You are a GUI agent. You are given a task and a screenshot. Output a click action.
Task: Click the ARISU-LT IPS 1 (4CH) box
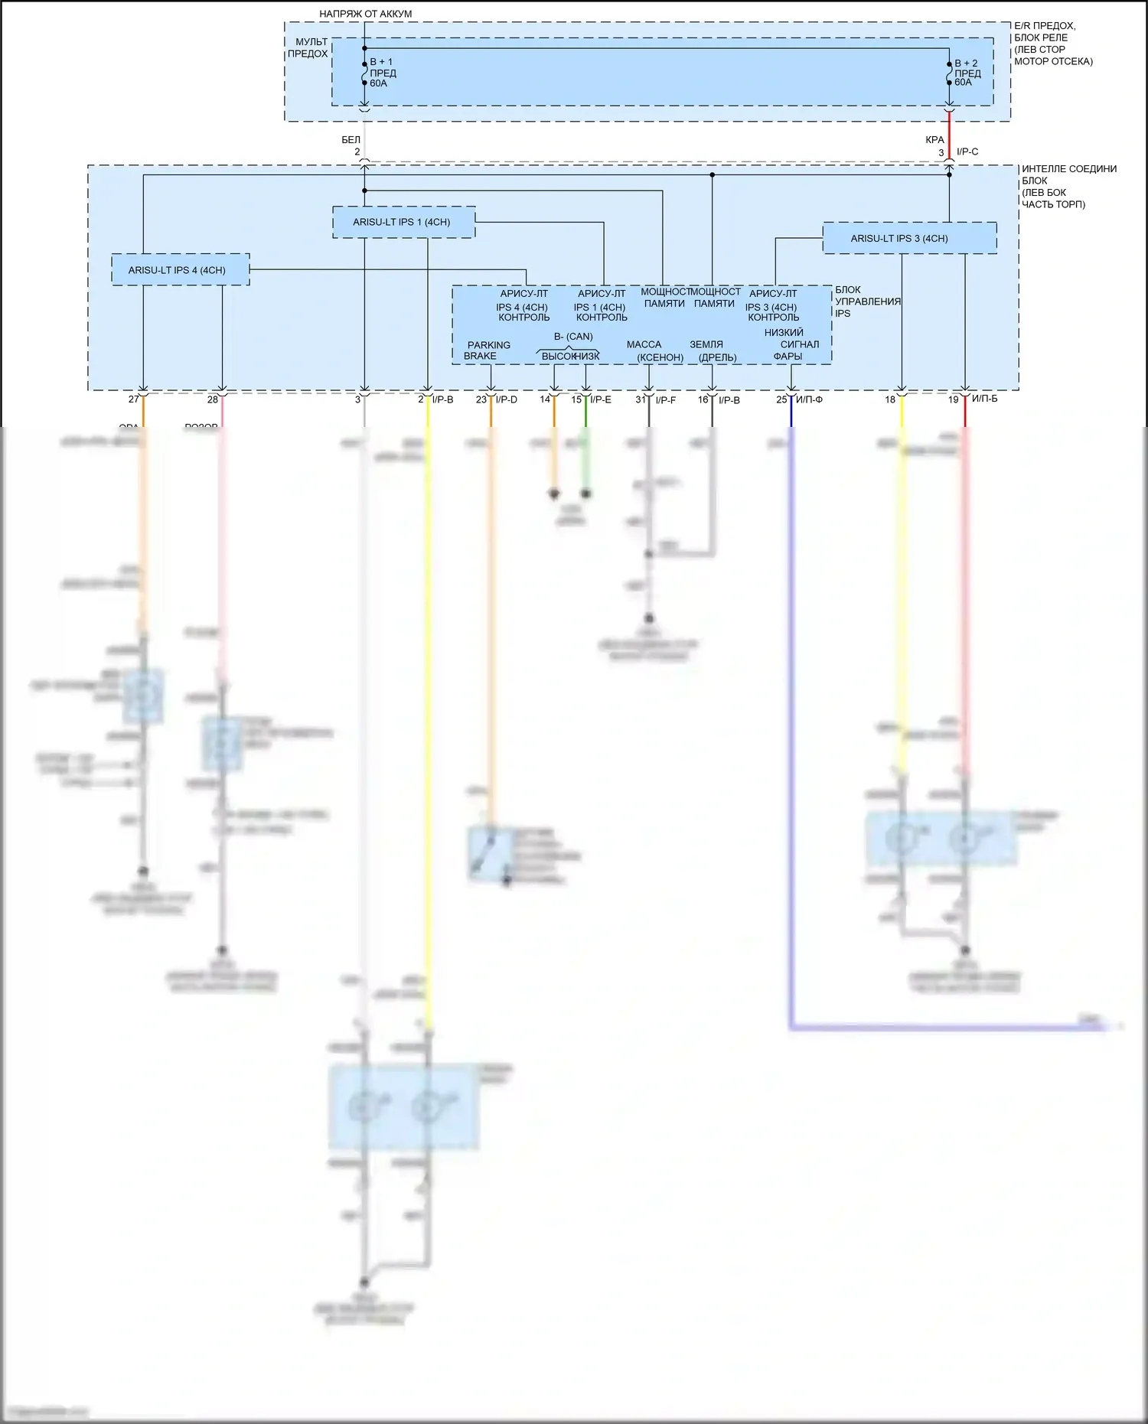tap(403, 222)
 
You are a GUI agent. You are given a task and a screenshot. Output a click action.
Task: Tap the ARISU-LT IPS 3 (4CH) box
tap(909, 238)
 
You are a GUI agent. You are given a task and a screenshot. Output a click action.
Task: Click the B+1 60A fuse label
tap(383, 73)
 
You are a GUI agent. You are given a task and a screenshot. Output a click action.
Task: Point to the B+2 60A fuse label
tap(967, 73)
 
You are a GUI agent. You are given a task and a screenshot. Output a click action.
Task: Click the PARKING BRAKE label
tap(488, 350)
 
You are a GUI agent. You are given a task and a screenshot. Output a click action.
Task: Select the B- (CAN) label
tap(573, 337)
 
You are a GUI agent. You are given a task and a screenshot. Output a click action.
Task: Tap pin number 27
tap(134, 399)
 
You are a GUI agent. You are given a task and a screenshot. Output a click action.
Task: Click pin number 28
tap(213, 399)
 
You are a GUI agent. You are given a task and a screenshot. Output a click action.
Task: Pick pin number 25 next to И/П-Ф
tap(781, 399)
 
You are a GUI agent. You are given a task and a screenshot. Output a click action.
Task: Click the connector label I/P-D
tap(507, 399)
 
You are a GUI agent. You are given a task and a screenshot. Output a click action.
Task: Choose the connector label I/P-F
tap(666, 399)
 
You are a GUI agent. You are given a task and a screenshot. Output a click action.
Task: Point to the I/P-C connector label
tap(967, 152)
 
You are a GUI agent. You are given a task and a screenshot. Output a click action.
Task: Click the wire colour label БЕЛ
tap(351, 140)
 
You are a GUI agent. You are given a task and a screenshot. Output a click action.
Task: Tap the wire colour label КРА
tap(934, 140)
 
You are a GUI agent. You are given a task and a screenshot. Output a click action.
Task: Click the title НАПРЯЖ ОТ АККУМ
tap(365, 14)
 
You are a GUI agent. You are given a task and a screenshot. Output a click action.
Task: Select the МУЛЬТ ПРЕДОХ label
tap(308, 47)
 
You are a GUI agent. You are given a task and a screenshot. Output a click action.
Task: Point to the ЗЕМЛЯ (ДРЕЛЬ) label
tap(713, 351)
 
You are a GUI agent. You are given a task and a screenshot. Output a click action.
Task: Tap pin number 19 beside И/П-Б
tap(954, 399)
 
